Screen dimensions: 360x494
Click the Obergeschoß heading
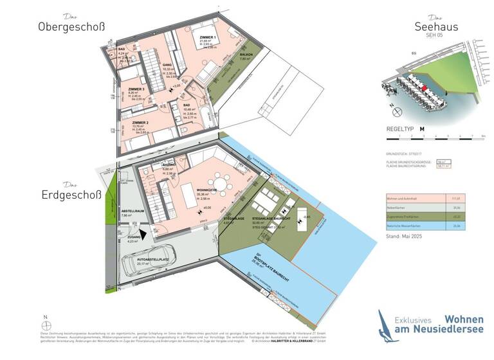click(71, 27)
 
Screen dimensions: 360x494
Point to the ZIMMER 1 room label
click(208, 38)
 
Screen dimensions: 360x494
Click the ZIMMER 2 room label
click(140, 122)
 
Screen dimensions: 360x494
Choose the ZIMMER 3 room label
click(136, 89)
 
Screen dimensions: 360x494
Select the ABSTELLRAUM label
click(134, 210)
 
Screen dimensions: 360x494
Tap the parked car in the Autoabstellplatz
click(142, 264)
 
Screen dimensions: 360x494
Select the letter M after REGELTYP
click(422, 129)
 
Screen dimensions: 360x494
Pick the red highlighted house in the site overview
click(425, 87)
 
